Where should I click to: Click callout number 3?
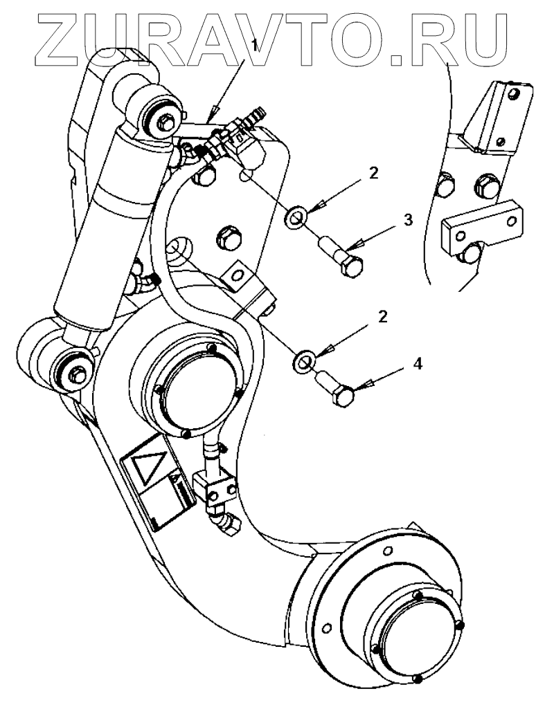tap(408, 221)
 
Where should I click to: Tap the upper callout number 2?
tap(373, 174)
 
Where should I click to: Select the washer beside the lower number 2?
tap(303, 360)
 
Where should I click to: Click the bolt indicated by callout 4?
tap(337, 392)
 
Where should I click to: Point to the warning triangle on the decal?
tap(147, 465)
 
